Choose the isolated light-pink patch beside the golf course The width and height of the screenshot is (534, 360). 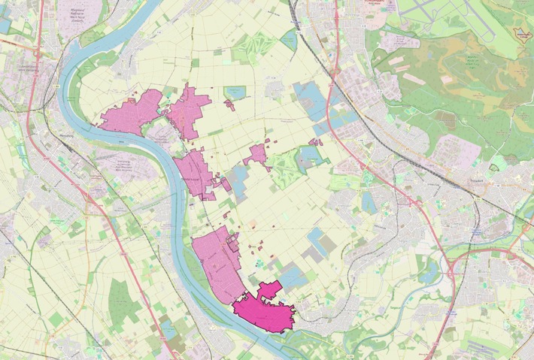(x=256, y=154)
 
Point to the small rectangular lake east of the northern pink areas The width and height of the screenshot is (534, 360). (x=235, y=92)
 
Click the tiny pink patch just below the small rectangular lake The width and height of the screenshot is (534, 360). (x=229, y=105)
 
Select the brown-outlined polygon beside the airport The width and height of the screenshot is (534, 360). (x=522, y=34)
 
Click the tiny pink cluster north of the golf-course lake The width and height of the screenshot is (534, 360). (x=316, y=141)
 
